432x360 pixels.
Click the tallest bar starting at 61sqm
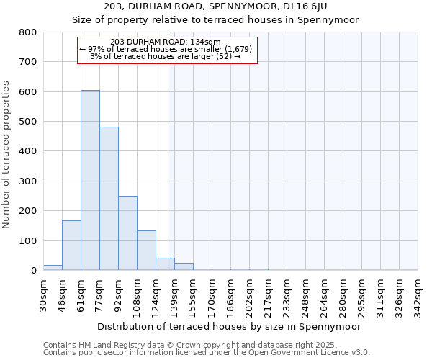click(90, 180)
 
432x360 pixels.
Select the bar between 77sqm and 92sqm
click(109, 199)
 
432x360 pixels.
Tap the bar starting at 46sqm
click(71, 245)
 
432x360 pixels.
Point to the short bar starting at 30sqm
click(53, 267)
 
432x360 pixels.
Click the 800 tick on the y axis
click(28, 32)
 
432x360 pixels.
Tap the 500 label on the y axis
click(28, 122)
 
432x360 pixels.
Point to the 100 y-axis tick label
click(28, 240)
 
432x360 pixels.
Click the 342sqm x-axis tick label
click(418, 295)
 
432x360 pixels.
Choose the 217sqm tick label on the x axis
click(268, 295)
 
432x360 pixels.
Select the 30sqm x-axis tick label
click(43, 295)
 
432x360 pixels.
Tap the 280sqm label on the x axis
click(343, 295)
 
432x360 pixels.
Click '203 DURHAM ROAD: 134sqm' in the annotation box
click(166, 42)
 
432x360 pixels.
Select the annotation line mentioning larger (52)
click(166, 56)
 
